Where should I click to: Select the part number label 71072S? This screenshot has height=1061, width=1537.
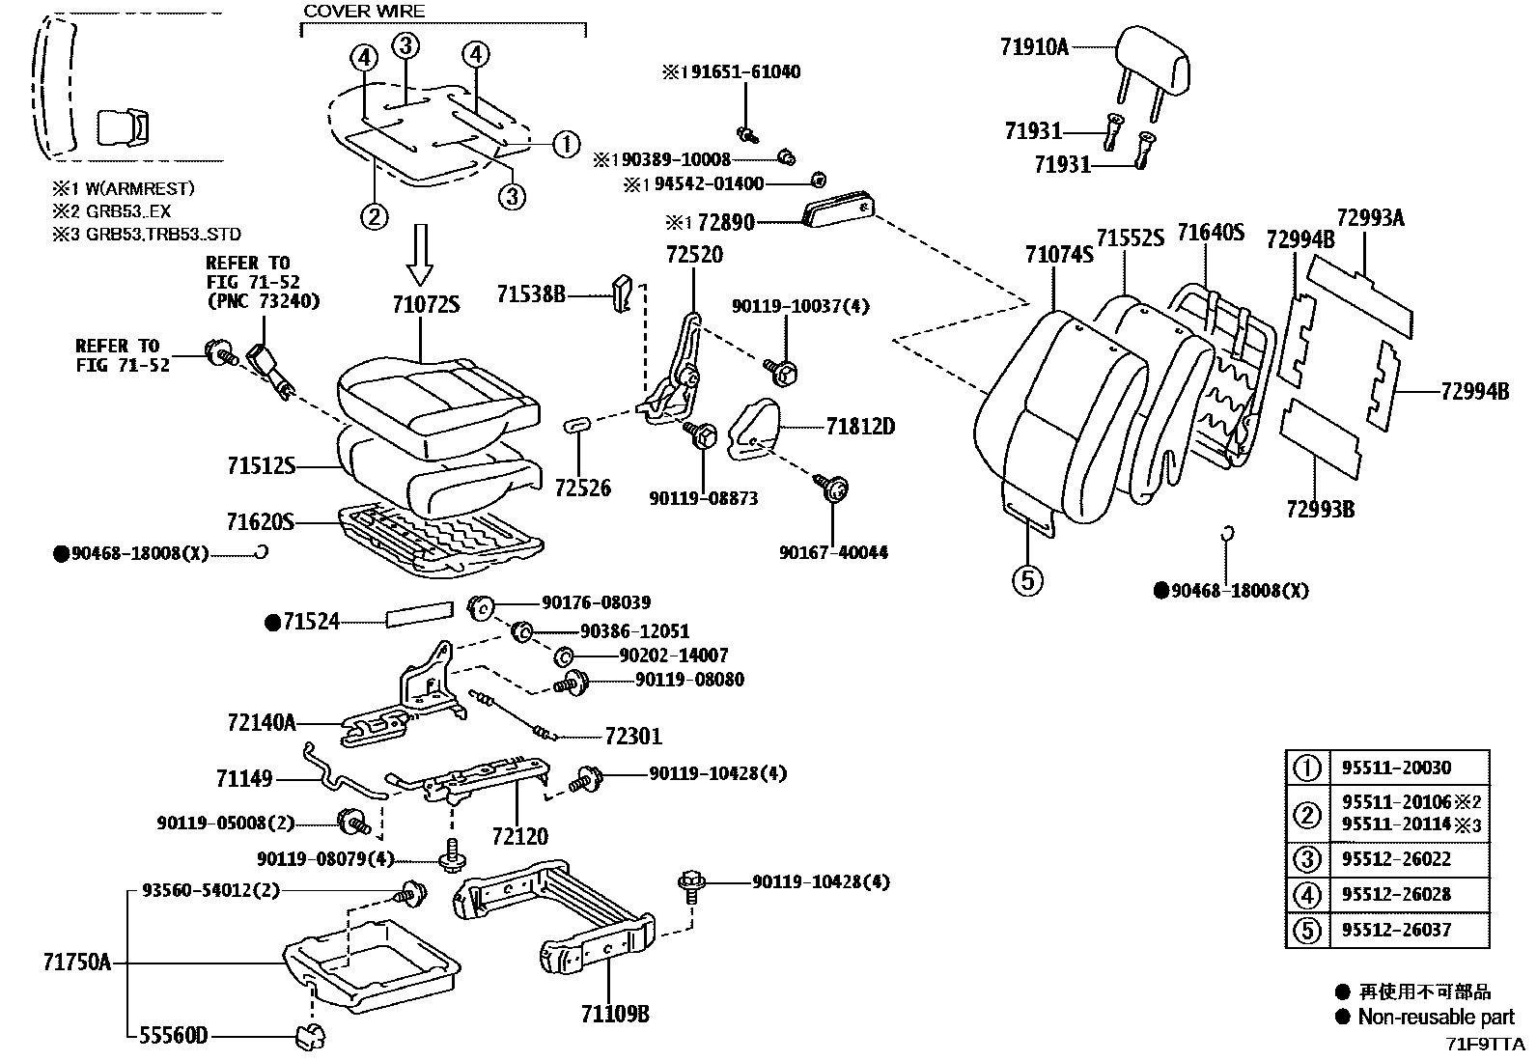[425, 305]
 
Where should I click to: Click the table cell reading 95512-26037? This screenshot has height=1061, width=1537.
[1396, 930]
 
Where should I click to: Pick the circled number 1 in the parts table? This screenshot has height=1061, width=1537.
[1306, 768]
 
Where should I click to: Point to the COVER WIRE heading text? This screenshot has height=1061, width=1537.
[364, 12]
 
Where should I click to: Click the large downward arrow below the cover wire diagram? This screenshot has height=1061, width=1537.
[421, 254]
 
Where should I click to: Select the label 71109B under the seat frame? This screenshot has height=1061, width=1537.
[614, 1014]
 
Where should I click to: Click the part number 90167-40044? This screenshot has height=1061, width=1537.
[833, 552]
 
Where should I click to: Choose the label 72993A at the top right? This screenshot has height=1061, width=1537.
[1370, 218]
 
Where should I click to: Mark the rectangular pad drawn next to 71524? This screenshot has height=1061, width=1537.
[420, 615]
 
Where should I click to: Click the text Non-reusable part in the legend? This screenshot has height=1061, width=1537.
[1436, 1017]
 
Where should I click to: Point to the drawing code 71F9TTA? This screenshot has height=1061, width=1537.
[1484, 1045]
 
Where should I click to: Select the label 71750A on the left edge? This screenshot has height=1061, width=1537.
[76, 963]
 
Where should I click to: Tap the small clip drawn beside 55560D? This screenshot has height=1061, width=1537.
[310, 1038]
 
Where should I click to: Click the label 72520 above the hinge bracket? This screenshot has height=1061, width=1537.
[693, 255]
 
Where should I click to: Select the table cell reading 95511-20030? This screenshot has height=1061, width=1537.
[1396, 768]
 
